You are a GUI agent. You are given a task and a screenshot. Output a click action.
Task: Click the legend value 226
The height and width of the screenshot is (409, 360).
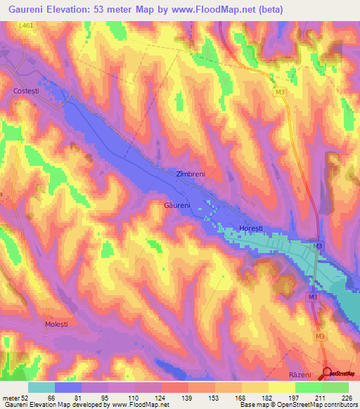point(346,397)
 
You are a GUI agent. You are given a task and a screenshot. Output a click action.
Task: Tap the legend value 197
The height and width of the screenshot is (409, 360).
point(294,397)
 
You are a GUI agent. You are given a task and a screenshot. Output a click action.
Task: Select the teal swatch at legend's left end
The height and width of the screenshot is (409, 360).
point(41,387)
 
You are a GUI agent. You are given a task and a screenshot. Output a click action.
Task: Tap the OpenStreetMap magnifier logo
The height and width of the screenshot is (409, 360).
point(328,373)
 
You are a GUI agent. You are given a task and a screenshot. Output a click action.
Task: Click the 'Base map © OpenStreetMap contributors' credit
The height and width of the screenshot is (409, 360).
point(297,405)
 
